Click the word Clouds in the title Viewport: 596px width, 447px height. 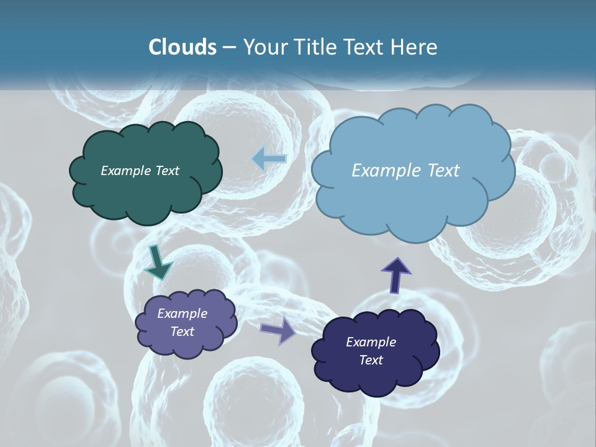tap(182, 47)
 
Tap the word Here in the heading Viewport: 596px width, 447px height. tap(415, 47)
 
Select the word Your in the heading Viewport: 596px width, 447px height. tap(265, 47)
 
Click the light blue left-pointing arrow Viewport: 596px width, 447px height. tap(269, 159)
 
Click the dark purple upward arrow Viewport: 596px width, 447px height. tap(396, 274)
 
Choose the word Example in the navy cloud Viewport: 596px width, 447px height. tap(371, 342)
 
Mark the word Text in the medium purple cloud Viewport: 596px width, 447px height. tap(183, 332)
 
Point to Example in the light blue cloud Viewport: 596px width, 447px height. tap(386, 171)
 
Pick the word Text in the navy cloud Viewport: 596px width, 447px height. tap(371, 360)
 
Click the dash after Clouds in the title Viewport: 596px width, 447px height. tap(229, 47)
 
